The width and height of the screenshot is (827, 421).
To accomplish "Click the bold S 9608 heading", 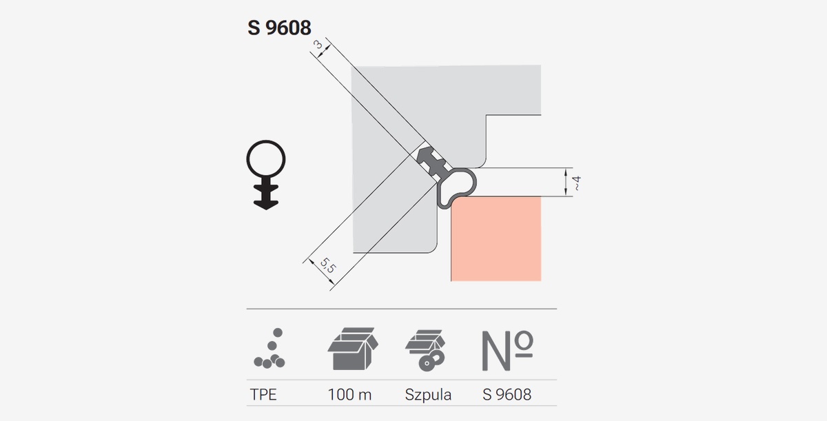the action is click(x=279, y=28).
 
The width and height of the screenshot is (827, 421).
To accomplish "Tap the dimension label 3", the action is click(x=318, y=45).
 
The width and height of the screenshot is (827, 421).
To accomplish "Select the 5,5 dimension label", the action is click(x=328, y=265).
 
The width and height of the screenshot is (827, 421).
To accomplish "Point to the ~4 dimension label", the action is click(x=576, y=183).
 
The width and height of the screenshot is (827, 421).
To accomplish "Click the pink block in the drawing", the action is click(x=496, y=238).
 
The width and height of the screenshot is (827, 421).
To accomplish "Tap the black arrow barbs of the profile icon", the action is click(x=266, y=196).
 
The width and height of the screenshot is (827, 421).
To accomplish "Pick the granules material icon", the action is click(x=269, y=349).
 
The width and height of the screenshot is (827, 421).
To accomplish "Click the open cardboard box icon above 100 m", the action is click(x=353, y=349).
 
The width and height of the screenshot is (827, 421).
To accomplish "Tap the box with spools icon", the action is click(x=425, y=350).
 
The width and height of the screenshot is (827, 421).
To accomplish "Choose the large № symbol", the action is click(x=507, y=351).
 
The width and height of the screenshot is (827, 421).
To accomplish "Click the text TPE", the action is click(x=263, y=395).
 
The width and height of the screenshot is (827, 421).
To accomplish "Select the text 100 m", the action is click(x=349, y=395).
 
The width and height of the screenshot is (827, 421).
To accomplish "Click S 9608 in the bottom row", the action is click(x=507, y=395).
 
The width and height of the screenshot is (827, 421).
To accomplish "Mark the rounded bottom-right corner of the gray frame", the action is click(x=434, y=250).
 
